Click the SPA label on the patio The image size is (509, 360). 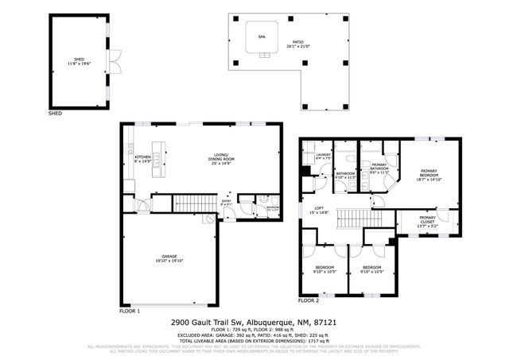[x=261, y=37]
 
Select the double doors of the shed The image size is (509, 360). [x=114, y=59]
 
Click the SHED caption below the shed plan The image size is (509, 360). [x=55, y=114]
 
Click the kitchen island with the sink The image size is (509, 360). [x=159, y=161]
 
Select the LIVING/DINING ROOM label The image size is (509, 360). [x=221, y=157]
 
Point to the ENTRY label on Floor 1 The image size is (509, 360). [x=225, y=202]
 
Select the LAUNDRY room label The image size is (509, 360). [x=322, y=155]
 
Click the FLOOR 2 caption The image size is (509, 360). [x=308, y=301]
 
